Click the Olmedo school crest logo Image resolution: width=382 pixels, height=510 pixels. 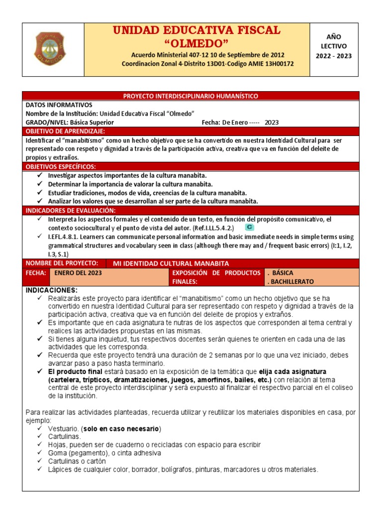pos(50,49)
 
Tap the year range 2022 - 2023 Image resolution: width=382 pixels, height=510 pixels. pos(333,56)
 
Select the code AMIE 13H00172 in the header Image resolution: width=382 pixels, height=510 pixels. pos(270,64)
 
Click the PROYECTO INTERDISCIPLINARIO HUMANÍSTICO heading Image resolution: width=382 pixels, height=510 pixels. pos(191,96)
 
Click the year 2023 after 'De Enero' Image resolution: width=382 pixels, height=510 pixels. pos(272,123)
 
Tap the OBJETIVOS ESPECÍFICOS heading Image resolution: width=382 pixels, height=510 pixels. pos(61,166)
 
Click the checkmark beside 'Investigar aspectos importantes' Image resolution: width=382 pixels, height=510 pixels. pos(40,176)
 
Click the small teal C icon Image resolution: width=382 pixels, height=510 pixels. pos(250,227)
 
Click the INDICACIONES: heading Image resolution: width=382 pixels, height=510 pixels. pos(51,290)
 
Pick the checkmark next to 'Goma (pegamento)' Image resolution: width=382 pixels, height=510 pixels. pos(40,453)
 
